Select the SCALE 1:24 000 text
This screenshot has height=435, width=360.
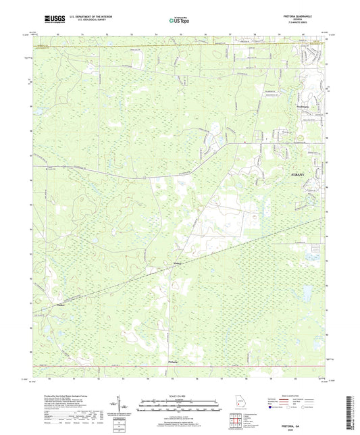[x=180, y=396]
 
